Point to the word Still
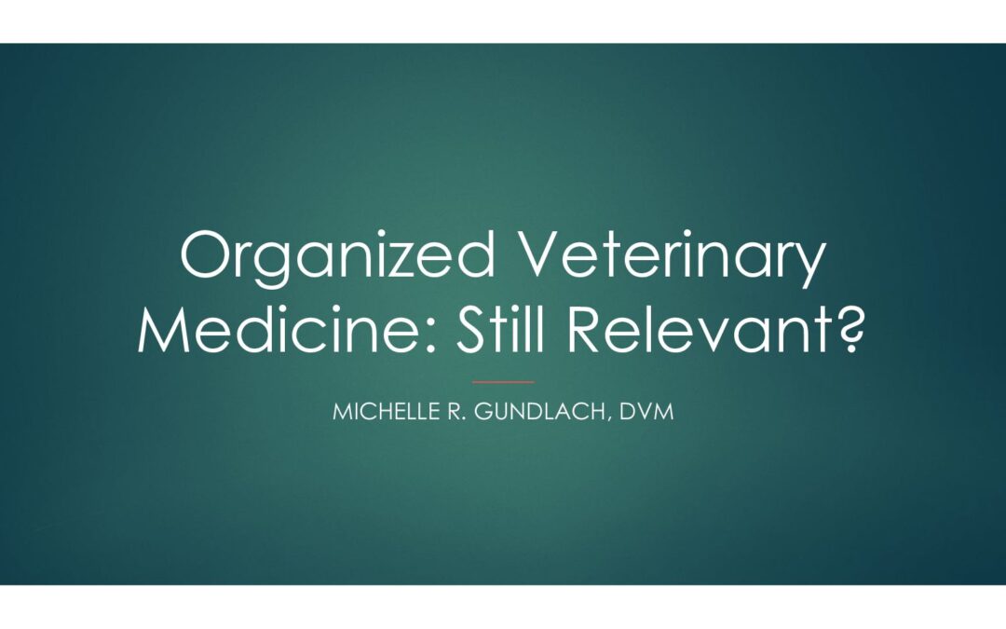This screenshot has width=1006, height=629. pyautogui.click(x=501, y=329)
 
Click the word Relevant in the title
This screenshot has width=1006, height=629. pyautogui.click(x=700, y=329)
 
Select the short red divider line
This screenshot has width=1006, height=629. pyautogui.click(x=503, y=382)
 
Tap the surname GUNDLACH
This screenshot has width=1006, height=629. pyautogui.click(x=540, y=412)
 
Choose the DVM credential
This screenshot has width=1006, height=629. pyautogui.click(x=646, y=412)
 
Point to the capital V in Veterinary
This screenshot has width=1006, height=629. pyautogui.click(x=540, y=254)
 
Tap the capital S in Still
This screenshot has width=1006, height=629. pyautogui.click(x=471, y=329)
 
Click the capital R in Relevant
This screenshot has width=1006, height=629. pyautogui.click(x=584, y=329)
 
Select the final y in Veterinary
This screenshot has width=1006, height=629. pyautogui.click(x=809, y=266)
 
